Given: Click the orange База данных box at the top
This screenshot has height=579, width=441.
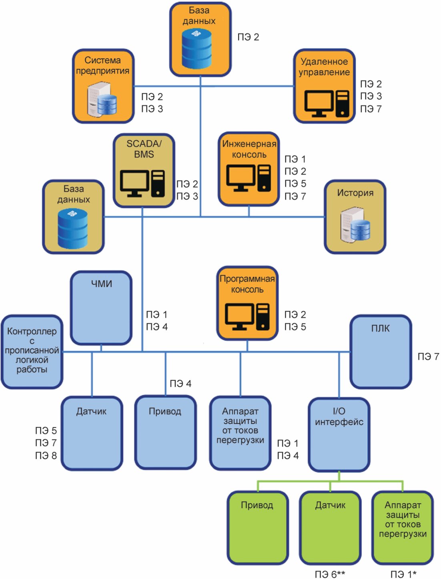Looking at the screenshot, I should point(200,39).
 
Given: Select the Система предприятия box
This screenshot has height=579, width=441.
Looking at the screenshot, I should point(103,86).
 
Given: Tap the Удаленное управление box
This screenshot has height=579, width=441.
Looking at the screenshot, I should point(324,86).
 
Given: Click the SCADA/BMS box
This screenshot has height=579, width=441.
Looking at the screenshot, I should point(144,171).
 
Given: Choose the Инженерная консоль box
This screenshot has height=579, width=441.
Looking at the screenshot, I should point(249,169).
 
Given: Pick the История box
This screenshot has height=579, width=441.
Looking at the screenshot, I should point(355,217).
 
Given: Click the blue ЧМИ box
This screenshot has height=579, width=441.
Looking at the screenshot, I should point(101,308).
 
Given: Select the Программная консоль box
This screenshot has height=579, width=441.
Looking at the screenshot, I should point(247,303).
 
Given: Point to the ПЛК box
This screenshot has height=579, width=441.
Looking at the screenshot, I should point(381,352).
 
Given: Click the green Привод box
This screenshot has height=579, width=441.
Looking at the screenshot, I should point(257,527).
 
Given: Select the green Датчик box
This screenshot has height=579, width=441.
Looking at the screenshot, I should point(330,527).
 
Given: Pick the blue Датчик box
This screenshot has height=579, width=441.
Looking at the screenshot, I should point(92,433).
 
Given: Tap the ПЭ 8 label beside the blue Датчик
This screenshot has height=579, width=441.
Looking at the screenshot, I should point(46,455).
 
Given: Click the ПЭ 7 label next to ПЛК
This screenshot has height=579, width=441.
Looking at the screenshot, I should point(428,356).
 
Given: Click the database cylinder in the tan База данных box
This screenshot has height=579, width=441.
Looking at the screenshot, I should point(73,229).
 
